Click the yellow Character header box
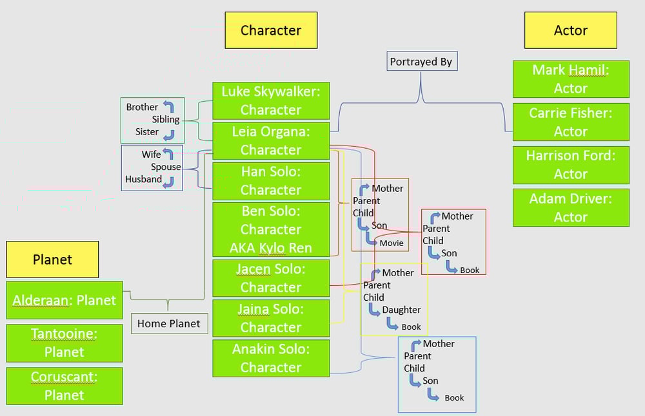point(271,30)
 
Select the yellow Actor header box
point(570,30)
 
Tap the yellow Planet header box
point(52,260)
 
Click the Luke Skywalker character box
point(271,100)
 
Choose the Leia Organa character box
point(271,140)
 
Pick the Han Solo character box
point(271,181)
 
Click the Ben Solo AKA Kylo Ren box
point(271,229)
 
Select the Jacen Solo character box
point(271,278)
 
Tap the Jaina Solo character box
point(271,318)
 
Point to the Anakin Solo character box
point(271,358)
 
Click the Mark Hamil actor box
point(571,79)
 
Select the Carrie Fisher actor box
point(571,122)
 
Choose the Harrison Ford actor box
point(571,165)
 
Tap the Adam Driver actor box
point(571,207)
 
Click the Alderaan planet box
point(64,300)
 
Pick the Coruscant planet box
point(64,386)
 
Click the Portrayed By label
point(422,62)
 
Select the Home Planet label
point(169,323)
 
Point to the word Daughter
point(401,310)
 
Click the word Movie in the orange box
point(392,243)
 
